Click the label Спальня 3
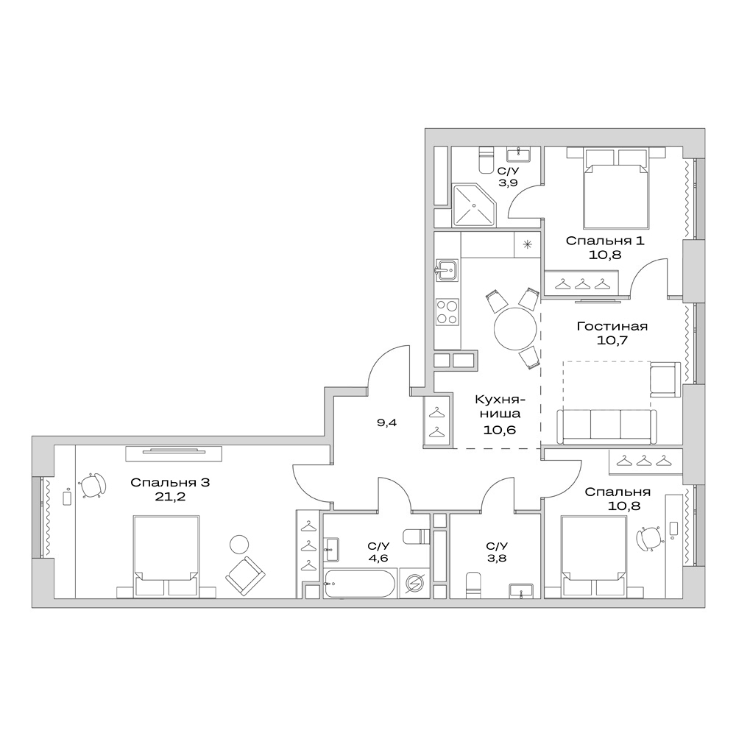coord(171,483)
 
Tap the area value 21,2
coord(171,498)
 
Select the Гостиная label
coord(612,326)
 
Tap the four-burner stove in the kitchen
coord(447,311)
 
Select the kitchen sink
coord(447,270)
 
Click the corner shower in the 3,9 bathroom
coord(475,205)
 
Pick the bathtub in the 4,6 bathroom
coord(359,586)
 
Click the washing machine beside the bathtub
coord(414,585)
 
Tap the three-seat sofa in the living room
coord(606,427)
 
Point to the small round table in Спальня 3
coord(239,545)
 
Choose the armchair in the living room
coord(665,381)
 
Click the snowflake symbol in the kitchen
coord(527,245)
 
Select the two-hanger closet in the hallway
coord(436,422)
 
